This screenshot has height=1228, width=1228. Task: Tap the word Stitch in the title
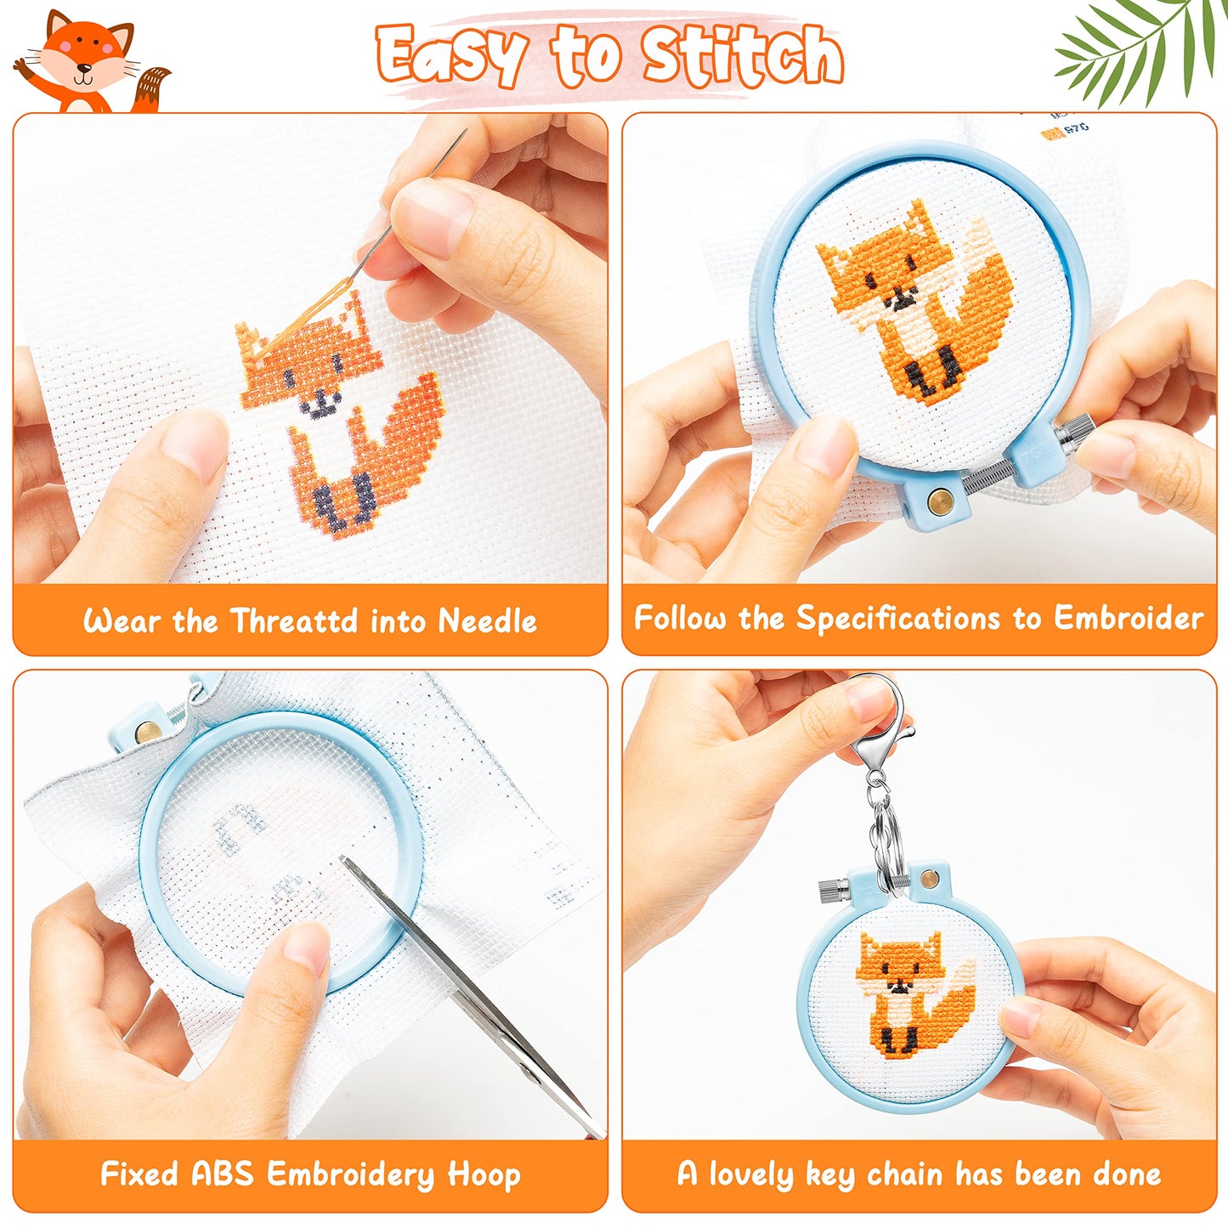click(x=741, y=56)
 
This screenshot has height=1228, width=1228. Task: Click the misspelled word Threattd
click(x=294, y=621)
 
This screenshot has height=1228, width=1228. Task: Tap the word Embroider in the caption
click(x=1129, y=618)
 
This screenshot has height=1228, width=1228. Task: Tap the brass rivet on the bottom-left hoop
click(x=147, y=729)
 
